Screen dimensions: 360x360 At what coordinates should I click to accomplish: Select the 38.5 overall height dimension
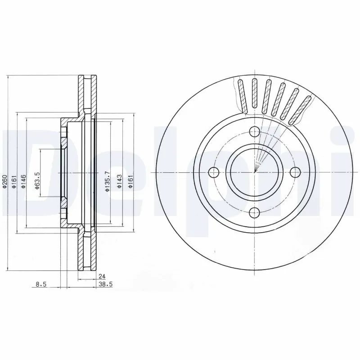point(104,284)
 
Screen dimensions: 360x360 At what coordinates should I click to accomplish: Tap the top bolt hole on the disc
point(254,131)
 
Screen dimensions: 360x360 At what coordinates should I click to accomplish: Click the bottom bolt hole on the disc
point(254,212)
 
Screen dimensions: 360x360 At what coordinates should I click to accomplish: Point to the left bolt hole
point(214,172)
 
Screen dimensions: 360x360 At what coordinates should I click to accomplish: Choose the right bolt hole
point(295,172)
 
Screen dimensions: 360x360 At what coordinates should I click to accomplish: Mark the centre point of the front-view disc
point(254,172)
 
